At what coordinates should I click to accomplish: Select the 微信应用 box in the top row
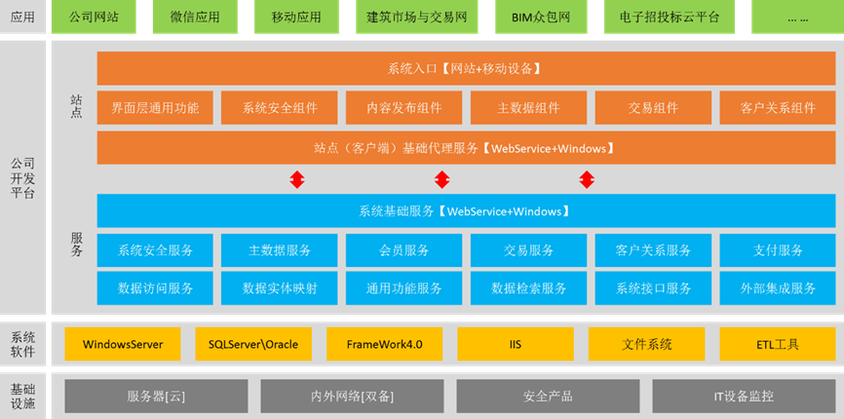coord(195,18)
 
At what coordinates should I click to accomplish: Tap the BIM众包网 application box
coord(554,18)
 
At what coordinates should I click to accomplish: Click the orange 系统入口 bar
coord(465,68)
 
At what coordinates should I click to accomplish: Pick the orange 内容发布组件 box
coord(403,108)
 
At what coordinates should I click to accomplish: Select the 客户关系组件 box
coord(777,108)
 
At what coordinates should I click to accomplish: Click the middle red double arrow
coord(441,179)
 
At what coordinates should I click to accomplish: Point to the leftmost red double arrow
coord(298,179)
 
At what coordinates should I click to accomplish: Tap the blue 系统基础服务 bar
coord(465,210)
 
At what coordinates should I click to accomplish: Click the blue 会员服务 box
coord(403,250)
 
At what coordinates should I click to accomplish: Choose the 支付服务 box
coord(777,250)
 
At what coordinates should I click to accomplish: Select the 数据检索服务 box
coord(528,288)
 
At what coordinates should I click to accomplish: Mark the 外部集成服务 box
coord(777,288)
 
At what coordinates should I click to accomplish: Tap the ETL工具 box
coord(777,344)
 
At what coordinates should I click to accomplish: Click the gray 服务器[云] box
coord(156,397)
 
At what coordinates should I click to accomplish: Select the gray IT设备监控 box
coord(743,397)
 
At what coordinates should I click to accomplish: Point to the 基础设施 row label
coord(23,397)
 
